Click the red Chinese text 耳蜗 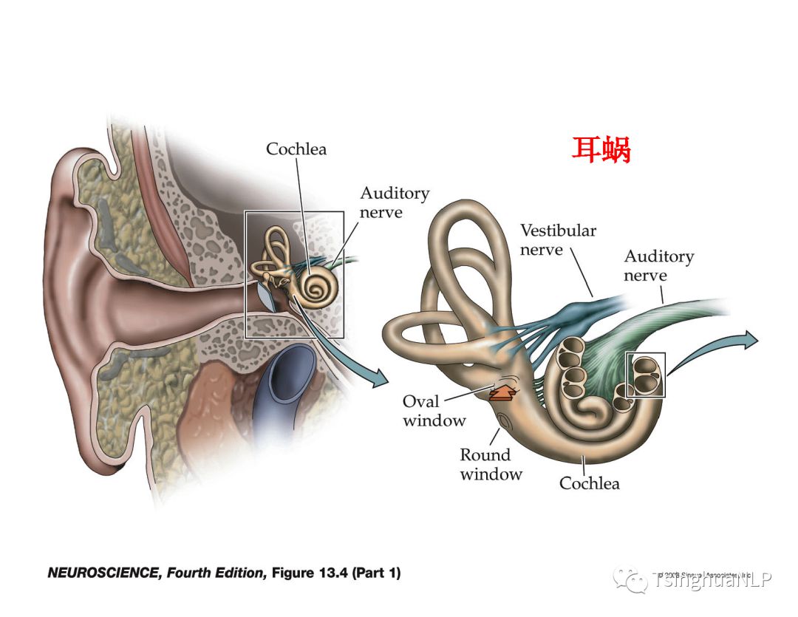[x=601, y=150]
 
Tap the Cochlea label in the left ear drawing [x=296, y=149]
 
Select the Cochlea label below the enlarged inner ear [x=589, y=483]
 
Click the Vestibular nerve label [x=558, y=240]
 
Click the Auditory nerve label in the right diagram [x=658, y=266]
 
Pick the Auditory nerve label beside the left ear [x=394, y=202]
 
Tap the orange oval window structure [x=506, y=392]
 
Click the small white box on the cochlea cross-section [x=646, y=375]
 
